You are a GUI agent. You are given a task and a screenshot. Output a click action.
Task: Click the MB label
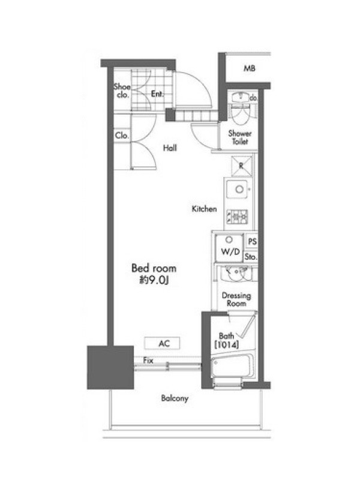tap(249, 68)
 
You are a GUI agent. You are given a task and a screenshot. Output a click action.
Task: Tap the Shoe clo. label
tap(122, 91)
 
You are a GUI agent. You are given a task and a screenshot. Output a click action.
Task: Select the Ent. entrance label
tap(157, 94)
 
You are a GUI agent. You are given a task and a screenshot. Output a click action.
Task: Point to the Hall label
tap(170, 148)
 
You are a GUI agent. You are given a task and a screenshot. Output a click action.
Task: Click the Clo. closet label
tap(122, 136)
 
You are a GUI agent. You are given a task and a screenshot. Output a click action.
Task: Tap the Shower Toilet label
tap(240, 137)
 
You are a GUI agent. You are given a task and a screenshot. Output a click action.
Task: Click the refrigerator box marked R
tap(242, 166)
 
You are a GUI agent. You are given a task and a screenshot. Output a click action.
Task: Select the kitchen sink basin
tap(236, 189)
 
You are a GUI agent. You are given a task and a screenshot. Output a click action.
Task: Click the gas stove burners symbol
tap(237, 217)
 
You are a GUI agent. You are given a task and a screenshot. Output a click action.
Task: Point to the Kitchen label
tap(204, 209)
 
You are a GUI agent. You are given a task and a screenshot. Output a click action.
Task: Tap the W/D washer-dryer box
tap(229, 248)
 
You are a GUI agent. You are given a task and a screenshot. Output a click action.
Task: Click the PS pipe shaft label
tap(252, 242)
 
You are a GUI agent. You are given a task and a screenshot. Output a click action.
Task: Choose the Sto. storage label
tap(251, 257)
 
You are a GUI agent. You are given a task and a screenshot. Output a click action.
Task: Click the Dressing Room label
tap(236, 299)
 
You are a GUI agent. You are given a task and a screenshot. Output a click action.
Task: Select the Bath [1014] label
tap(227, 340)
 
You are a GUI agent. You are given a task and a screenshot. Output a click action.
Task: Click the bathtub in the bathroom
tap(233, 366)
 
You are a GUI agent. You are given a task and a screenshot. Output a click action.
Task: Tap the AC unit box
tap(162, 343)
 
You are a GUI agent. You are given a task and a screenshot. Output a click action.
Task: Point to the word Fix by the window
tap(148, 361)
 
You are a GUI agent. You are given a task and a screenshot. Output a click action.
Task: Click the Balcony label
tap(175, 398)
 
